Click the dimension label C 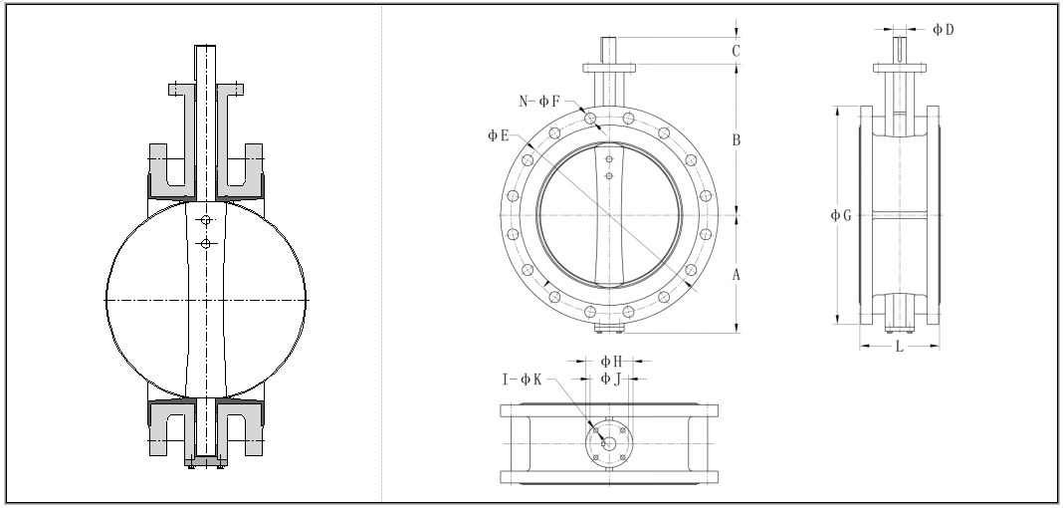[736, 51]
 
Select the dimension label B [736, 140]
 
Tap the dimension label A [736, 275]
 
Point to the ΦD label [943, 29]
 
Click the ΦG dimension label [841, 216]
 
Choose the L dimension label [900, 347]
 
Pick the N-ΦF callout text [539, 102]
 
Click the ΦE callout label [499, 135]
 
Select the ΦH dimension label [611, 362]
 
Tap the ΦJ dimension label [611, 380]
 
